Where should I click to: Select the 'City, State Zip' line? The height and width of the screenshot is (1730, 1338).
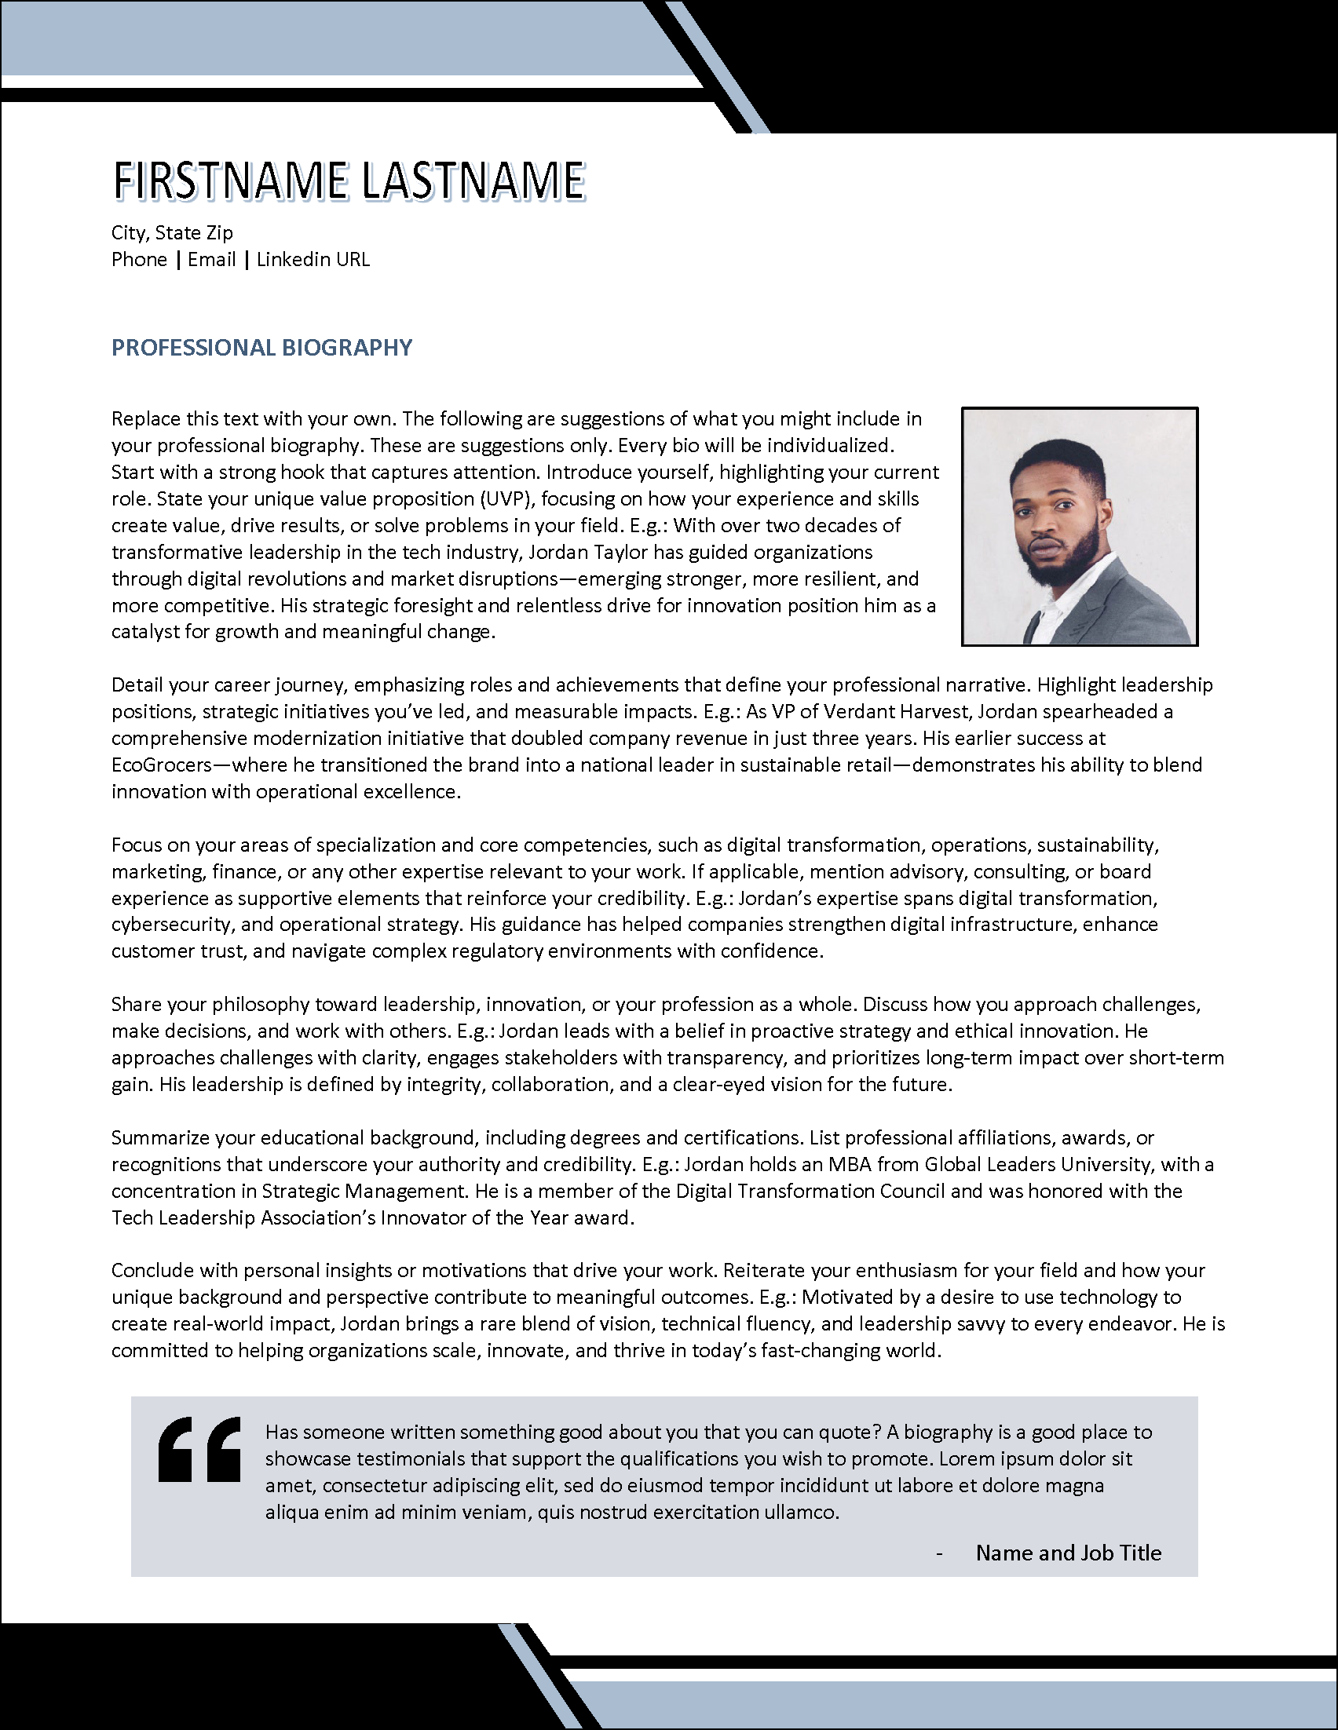[172, 232]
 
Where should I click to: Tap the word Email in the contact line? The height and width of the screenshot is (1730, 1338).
[211, 259]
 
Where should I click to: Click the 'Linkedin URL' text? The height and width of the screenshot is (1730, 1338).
[313, 259]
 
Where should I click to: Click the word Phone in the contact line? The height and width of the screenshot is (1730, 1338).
[139, 259]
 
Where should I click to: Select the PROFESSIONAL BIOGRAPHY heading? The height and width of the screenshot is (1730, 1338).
[261, 347]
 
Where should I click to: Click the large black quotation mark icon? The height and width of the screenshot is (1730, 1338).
[199, 1449]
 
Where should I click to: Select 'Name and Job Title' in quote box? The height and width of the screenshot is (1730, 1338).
[1068, 1552]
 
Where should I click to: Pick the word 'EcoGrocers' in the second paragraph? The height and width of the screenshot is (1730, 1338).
[162, 765]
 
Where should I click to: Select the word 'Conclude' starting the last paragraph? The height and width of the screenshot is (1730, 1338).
[152, 1270]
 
